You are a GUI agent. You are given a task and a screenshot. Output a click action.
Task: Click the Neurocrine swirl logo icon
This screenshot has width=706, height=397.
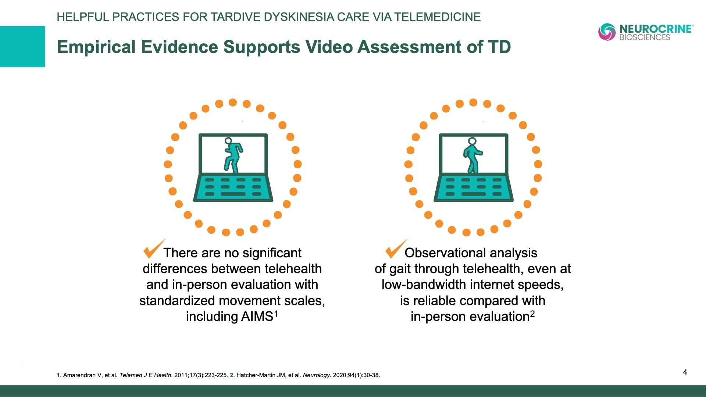pos(607,32)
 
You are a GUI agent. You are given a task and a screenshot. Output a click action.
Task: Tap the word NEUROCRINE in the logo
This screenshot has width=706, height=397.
pos(656,29)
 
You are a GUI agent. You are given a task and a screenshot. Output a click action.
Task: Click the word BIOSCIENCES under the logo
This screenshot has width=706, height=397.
pos(645,37)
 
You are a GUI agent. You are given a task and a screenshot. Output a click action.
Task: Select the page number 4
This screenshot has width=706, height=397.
pos(685,372)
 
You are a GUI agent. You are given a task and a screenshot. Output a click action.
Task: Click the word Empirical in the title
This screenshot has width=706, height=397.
pos(96,47)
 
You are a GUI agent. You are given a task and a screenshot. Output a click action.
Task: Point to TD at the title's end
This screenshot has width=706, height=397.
pos(499,47)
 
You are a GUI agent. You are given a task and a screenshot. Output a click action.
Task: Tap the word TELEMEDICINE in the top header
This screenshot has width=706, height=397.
pos(438,17)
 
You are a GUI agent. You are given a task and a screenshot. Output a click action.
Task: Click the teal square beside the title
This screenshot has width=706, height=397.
pos(22,47)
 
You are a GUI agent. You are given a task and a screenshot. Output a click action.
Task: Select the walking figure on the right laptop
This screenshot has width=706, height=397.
pos(473,155)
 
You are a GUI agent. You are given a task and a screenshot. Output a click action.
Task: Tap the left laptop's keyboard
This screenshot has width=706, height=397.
pos(233,187)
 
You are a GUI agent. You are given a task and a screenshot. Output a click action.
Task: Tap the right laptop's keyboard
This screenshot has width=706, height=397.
pos(474,187)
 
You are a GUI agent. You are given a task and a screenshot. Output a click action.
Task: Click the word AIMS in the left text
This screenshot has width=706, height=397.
pos(257,316)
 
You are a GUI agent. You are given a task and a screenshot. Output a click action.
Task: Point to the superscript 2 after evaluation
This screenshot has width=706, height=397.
pos(532,314)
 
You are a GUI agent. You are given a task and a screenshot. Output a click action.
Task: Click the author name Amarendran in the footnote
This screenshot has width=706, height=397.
pos(80,375)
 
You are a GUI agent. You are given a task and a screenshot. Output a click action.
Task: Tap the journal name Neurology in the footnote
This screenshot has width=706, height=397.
pos(316,375)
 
